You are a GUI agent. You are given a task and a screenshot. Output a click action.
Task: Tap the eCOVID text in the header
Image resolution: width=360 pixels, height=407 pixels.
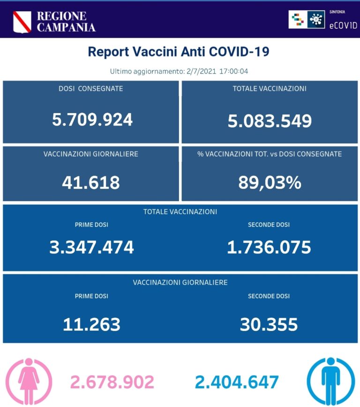click(x=343, y=25)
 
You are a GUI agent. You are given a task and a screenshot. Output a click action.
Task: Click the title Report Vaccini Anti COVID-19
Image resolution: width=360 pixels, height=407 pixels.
click(x=179, y=52)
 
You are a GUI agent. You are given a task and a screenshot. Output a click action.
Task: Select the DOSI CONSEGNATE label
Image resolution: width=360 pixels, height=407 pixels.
click(x=90, y=89)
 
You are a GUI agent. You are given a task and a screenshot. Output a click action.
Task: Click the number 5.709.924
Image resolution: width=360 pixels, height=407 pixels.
click(x=92, y=120)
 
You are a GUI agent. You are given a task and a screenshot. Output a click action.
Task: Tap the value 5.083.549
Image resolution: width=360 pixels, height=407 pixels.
click(x=270, y=121)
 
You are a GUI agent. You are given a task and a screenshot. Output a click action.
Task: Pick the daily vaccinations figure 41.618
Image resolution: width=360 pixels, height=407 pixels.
click(x=90, y=182)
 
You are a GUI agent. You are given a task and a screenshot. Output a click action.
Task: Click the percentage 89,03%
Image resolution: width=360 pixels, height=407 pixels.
click(x=270, y=182)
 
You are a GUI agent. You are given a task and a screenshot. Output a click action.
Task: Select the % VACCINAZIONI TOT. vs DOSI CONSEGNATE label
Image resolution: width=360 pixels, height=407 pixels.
click(x=270, y=154)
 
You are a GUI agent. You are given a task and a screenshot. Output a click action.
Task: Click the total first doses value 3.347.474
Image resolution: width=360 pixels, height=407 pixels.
click(x=91, y=247)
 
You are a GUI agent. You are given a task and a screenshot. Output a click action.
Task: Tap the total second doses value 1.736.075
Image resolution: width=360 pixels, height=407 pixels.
click(x=269, y=247)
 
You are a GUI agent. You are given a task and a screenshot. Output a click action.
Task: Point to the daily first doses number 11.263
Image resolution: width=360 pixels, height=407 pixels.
click(x=91, y=324)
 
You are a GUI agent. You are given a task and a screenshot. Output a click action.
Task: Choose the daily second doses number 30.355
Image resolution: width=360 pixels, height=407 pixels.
click(x=269, y=324)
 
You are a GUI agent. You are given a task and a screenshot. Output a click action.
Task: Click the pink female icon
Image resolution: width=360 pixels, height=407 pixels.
click(x=29, y=380)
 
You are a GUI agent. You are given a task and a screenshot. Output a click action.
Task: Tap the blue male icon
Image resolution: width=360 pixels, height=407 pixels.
click(x=330, y=380)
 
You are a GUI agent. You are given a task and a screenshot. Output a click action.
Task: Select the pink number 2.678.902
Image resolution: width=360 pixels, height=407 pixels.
click(x=112, y=382)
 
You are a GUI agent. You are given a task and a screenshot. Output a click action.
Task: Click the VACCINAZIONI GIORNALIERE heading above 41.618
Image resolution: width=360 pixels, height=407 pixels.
click(x=90, y=154)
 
